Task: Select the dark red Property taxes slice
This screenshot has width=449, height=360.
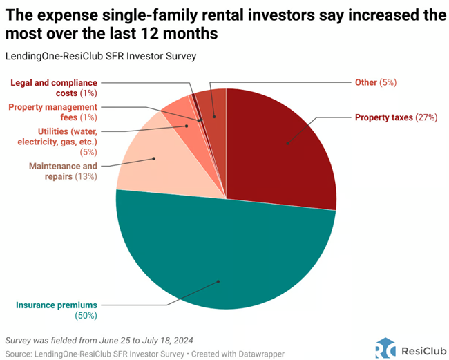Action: coord(283,145)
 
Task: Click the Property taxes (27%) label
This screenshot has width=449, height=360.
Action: coord(396,117)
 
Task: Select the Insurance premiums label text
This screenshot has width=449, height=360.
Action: coord(57,305)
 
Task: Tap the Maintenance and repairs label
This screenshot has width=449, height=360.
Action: coord(63,171)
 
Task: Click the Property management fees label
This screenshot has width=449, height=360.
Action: coord(53,112)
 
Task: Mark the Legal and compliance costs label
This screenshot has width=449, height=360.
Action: coord(53,88)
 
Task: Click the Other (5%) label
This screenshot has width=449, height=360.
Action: coord(374,82)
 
